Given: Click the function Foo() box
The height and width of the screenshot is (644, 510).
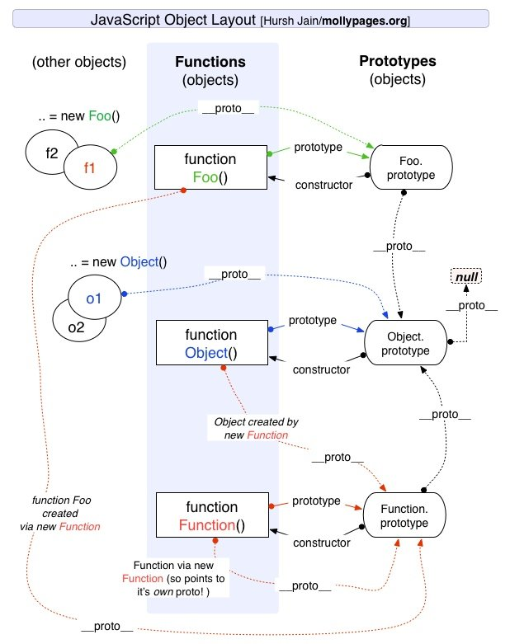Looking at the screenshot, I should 210,167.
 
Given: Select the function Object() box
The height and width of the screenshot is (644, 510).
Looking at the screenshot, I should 210,344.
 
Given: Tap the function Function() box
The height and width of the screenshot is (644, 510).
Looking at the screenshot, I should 210,515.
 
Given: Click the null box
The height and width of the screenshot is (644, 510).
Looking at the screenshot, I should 466,278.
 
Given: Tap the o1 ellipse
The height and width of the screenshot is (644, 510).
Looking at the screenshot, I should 92,298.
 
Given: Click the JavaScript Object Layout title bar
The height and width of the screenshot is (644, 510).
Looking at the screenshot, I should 254,19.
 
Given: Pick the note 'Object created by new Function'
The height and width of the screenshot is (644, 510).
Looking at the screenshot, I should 257,429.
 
